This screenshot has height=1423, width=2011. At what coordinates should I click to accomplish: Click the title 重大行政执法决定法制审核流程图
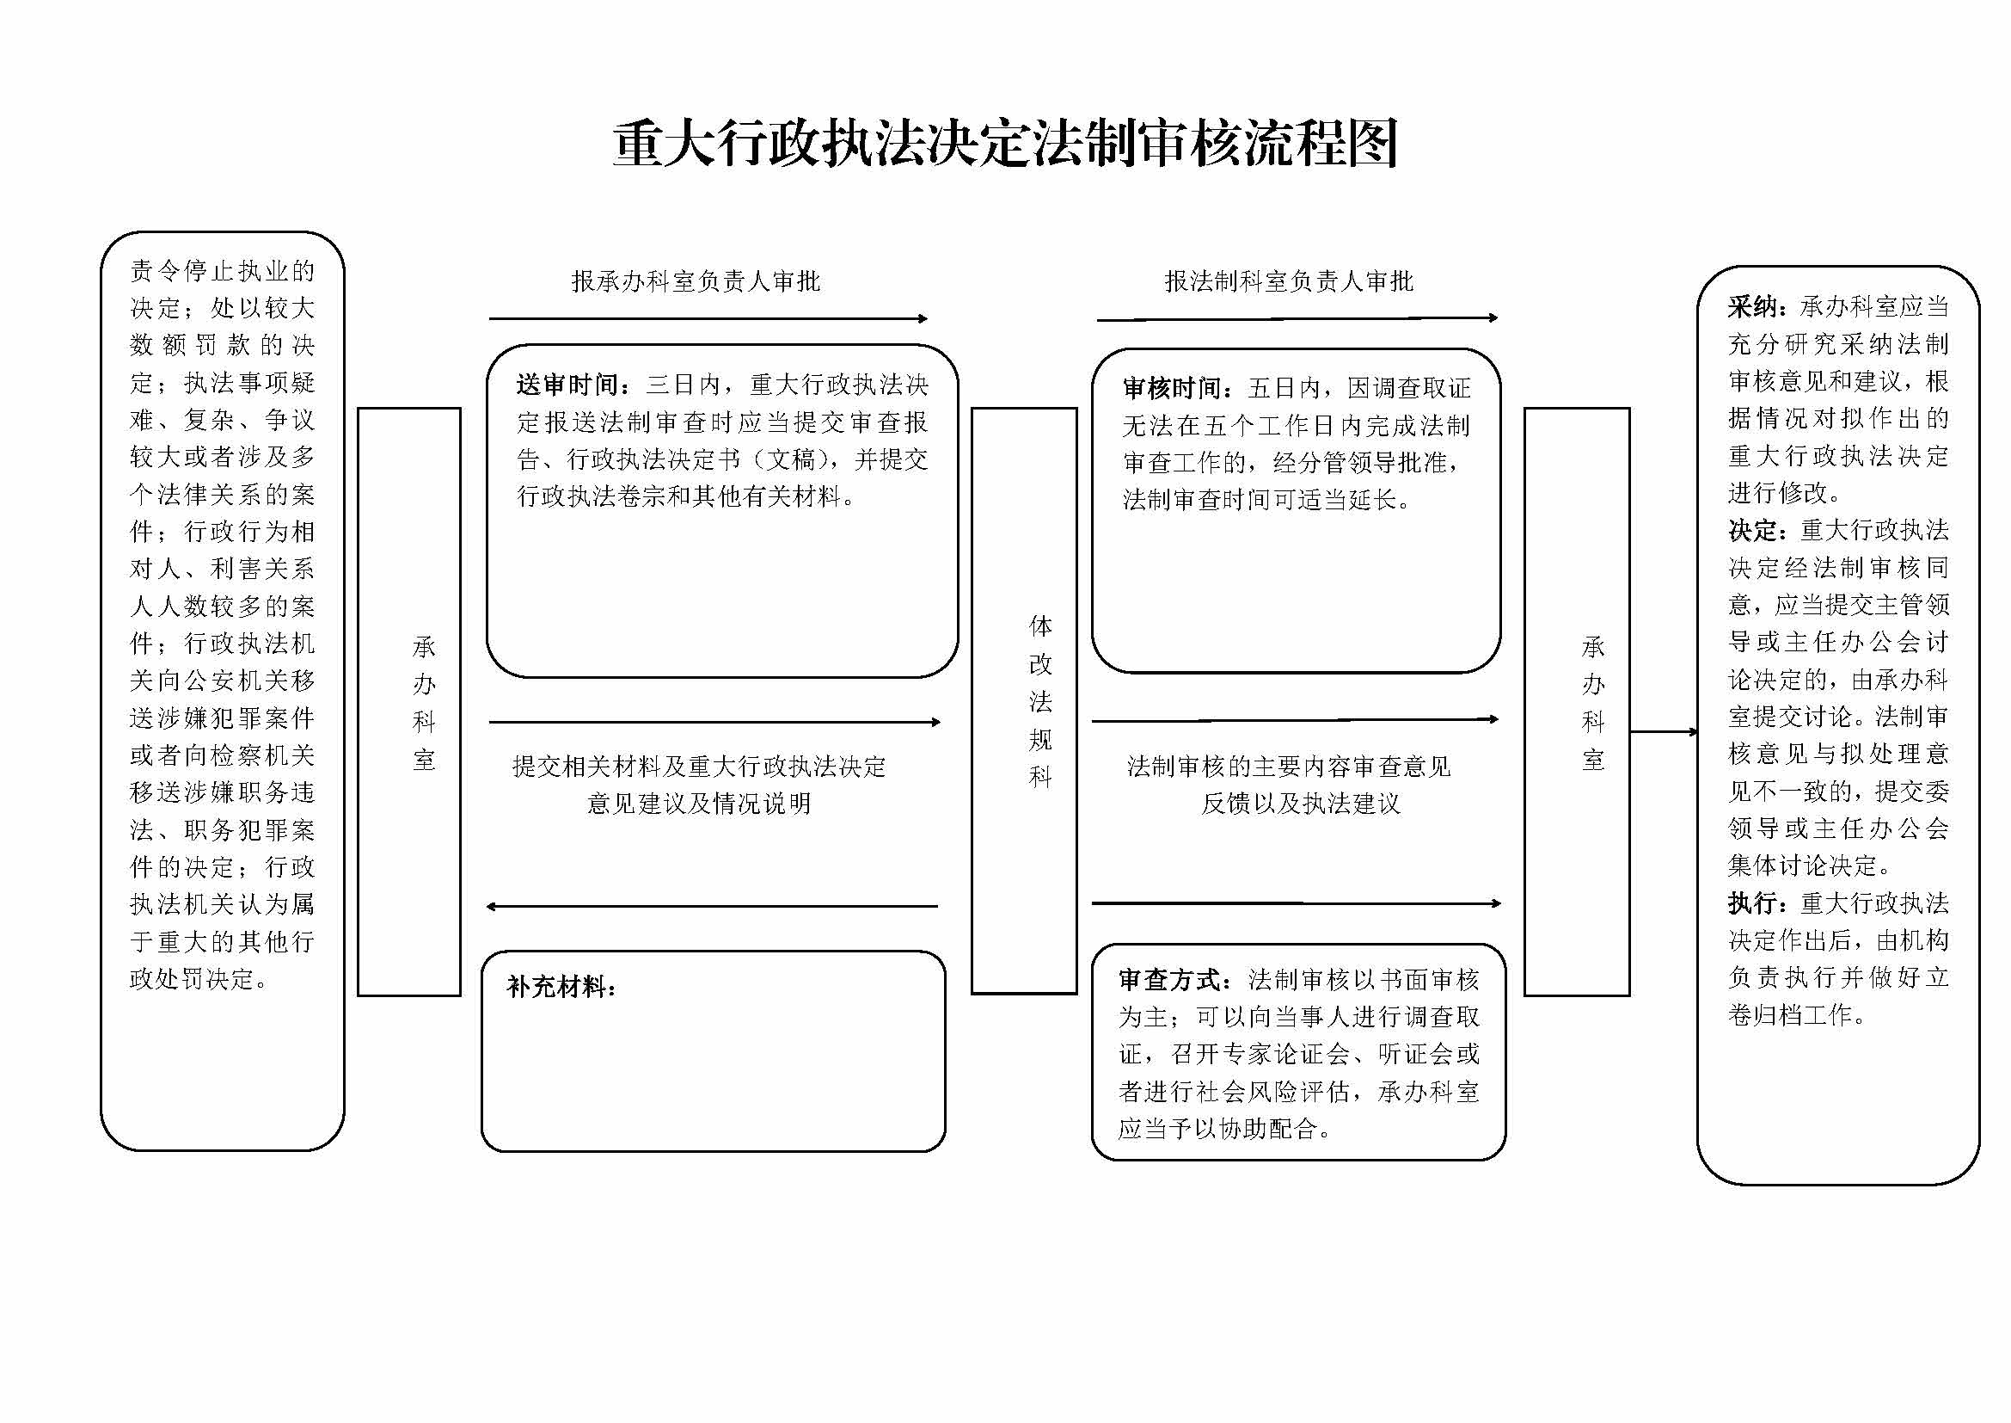[x=1004, y=144]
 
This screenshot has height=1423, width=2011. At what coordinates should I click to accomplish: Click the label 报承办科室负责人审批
[x=696, y=281]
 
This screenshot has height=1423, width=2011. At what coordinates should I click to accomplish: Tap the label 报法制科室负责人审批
[x=1289, y=281]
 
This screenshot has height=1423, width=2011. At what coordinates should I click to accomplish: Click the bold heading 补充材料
[x=561, y=988]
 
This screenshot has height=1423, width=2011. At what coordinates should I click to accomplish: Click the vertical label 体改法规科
[x=1040, y=701]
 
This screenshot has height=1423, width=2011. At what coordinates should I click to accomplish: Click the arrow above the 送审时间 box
[x=708, y=319]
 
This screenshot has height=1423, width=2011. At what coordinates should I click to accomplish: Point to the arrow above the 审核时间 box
[x=1297, y=319]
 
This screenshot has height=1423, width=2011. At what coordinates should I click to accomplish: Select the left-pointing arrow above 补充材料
[x=711, y=906]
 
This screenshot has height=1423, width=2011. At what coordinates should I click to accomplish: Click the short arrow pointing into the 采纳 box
[x=1665, y=731]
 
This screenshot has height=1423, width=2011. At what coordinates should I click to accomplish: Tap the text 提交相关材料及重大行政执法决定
[x=699, y=767]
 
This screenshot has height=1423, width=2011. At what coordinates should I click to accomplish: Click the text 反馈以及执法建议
[x=1301, y=804]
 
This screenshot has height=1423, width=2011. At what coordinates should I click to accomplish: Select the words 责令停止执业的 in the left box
[x=222, y=271]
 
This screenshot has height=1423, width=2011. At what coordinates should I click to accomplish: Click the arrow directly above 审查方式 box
[x=1297, y=903]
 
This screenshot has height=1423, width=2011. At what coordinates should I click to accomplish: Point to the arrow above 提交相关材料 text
[x=714, y=722]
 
